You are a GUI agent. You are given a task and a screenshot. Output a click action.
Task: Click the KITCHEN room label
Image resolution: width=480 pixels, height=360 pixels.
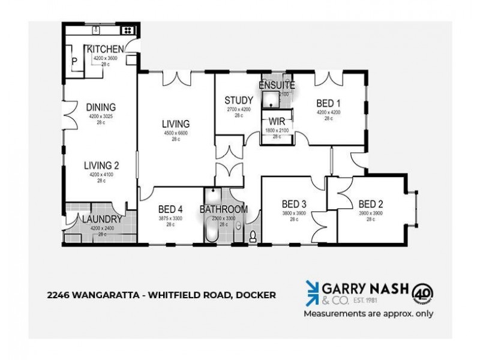pyautogui.click(x=106, y=49)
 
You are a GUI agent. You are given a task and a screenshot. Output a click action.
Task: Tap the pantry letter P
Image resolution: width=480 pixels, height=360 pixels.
pyautogui.click(x=75, y=61)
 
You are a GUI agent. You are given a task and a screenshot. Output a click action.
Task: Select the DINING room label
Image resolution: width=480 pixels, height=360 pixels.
pyautogui.click(x=97, y=108)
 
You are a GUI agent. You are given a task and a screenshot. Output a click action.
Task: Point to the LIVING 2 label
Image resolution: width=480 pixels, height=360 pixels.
pyautogui.click(x=101, y=166)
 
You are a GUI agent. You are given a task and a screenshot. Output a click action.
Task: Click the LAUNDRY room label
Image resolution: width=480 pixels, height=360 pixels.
pyautogui.click(x=102, y=220)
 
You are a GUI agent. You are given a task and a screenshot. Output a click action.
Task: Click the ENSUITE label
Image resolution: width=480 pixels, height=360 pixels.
pyautogui.click(x=277, y=85)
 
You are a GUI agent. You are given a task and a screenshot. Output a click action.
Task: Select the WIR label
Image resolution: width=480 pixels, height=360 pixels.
pyautogui.click(x=277, y=121)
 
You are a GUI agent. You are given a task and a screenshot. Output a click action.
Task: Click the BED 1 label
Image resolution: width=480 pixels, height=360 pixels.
pyautogui.click(x=329, y=103)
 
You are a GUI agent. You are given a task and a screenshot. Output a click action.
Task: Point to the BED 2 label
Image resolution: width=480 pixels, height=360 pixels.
pyautogui.click(x=370, y=203)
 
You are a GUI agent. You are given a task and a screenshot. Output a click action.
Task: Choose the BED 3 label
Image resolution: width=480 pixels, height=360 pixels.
pyautogui.click(x=294, y=203)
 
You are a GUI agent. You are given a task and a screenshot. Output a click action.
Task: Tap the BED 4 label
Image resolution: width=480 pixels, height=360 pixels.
pyautogui.click(x=170, y=209)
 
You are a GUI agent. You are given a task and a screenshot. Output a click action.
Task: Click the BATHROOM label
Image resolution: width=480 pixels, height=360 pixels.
pyautogui.click(x=224, y=209)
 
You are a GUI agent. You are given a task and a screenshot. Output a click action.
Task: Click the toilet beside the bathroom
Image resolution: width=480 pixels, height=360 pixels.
pyautogui.click(x=253, y=236)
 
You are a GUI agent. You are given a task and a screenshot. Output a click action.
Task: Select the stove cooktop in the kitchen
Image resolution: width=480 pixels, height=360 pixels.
pyautogui.click(x=128, y=29)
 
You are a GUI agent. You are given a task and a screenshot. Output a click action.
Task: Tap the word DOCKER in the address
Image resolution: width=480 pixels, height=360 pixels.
pyautogui.click(x=256, y=295)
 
